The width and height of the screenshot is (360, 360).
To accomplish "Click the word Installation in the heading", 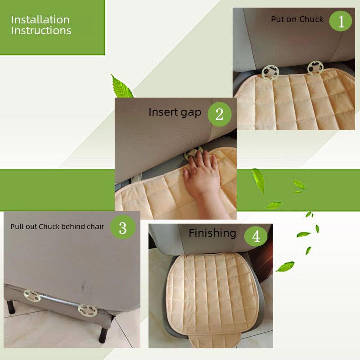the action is (x=40, y=20).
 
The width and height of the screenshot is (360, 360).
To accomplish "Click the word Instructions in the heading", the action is (x=41, y=31).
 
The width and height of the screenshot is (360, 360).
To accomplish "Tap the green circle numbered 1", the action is (x=341, y=21).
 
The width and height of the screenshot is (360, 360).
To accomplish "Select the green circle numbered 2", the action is (x=219, y=114).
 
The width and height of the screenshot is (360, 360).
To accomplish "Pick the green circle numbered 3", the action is (x=123, y=227).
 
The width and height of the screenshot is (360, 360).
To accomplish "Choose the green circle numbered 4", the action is (x=256, y=235).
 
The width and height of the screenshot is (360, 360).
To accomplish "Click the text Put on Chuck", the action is (x=297, y=19).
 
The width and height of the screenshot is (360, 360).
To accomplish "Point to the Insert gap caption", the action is (x=175, y=112).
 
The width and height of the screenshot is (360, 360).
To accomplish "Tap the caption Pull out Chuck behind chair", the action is (x=57, y=227).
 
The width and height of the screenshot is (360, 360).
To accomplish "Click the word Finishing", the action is (x=212, y=233).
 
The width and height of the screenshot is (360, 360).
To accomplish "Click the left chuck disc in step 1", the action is (x=270, y=72).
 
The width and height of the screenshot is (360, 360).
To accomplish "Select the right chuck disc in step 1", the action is (x=315, y=68).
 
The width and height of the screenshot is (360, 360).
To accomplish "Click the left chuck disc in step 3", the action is (x=32, y=296).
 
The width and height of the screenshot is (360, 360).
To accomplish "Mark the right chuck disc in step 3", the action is (x=87, y=310).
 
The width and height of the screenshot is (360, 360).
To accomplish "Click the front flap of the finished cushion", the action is (x=215, y=340).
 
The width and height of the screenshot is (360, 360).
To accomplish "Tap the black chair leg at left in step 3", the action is (x=10, y=307).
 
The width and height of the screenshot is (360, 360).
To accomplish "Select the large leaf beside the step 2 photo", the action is (x=121, y=86).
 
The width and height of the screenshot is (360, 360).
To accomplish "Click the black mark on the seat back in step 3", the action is (x=83, y=285).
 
